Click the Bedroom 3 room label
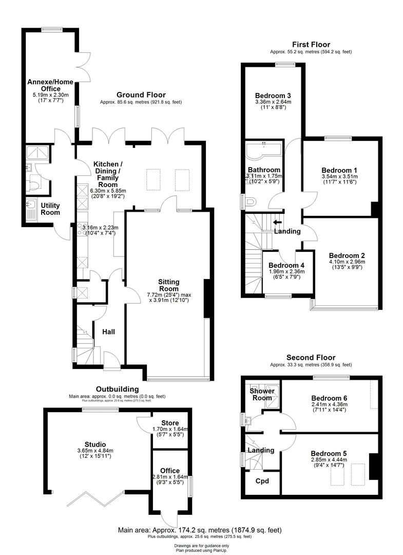[273, 95]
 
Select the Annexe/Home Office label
[50, 85]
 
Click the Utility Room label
[50, 209]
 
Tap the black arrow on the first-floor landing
[277, 223]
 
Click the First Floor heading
[311, 45]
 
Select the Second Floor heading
[311, 357]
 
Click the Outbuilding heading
[118, 389]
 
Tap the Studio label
[95, 444]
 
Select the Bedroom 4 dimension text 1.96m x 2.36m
[287, 271]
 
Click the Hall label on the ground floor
[108, 331]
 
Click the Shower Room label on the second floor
[262, 395]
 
